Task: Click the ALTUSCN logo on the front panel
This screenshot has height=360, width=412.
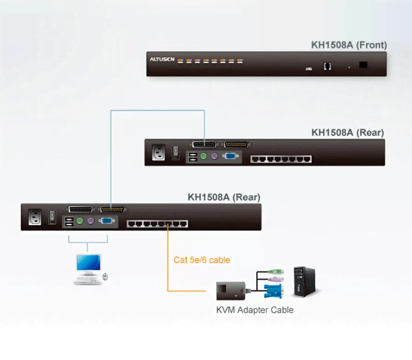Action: tap(162, 60)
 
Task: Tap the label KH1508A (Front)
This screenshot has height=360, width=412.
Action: tap(349, 45)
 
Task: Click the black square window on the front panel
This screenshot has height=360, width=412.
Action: tap(363, 65)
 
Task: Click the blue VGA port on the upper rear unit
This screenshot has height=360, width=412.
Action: tap(230, 156)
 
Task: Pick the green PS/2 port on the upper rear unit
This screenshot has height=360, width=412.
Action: tap(204, 157)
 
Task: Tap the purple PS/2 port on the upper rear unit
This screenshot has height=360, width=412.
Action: tap(214, 157)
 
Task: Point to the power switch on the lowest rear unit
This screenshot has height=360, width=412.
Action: tap(53, 217)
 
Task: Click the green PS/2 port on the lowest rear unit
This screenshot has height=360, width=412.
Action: tap(80, 221)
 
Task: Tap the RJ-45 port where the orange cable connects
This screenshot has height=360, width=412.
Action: tap(168, 224)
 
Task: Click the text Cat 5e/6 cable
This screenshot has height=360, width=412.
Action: tap(201, 260)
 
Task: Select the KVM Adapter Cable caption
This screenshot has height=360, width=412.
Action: tap(255, 310)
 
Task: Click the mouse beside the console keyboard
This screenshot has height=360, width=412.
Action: tap(106, 276)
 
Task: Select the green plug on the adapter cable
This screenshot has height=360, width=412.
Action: tap(275, 272)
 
